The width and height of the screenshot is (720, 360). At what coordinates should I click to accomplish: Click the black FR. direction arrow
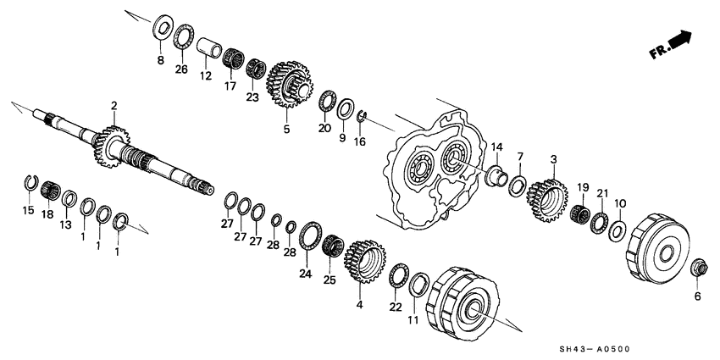[x=678, y=40]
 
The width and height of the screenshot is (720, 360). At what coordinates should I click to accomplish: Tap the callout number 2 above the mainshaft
[x=114, y=105]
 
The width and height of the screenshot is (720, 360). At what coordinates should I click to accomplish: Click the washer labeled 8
[x=161, y=26]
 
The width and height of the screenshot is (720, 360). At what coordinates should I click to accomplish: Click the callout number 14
[x=496, y=147]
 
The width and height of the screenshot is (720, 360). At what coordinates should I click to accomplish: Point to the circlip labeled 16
[x=360, y=116]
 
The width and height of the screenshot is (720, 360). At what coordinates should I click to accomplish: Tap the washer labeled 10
[x=619, y=230]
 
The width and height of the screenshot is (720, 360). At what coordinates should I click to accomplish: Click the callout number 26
[x=180, y=69]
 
